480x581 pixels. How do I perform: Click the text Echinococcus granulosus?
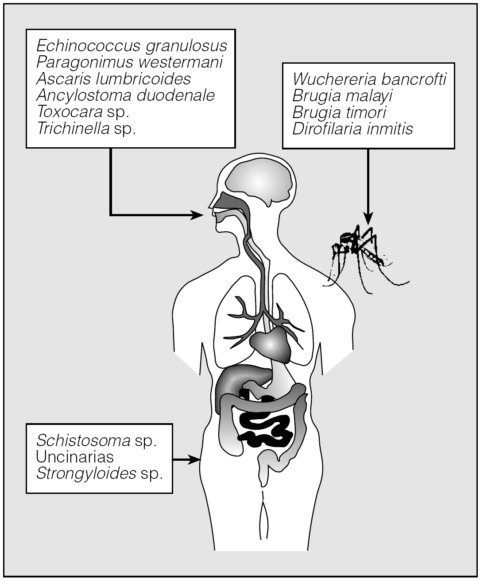(132, 46)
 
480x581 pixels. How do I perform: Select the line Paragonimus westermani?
(129, 62)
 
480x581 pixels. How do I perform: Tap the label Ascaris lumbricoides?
(114, 79)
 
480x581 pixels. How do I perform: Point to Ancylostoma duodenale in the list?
(126, 95)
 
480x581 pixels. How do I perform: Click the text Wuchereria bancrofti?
(369, 80)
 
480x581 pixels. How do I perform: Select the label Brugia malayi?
(342, 96)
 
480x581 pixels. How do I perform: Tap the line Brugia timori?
(339, 112)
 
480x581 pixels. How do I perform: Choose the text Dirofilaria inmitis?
(352, 129)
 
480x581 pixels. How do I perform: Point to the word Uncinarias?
(75, 457)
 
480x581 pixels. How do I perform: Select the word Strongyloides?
(86, 474)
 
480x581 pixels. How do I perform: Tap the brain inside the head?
(258, 181)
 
